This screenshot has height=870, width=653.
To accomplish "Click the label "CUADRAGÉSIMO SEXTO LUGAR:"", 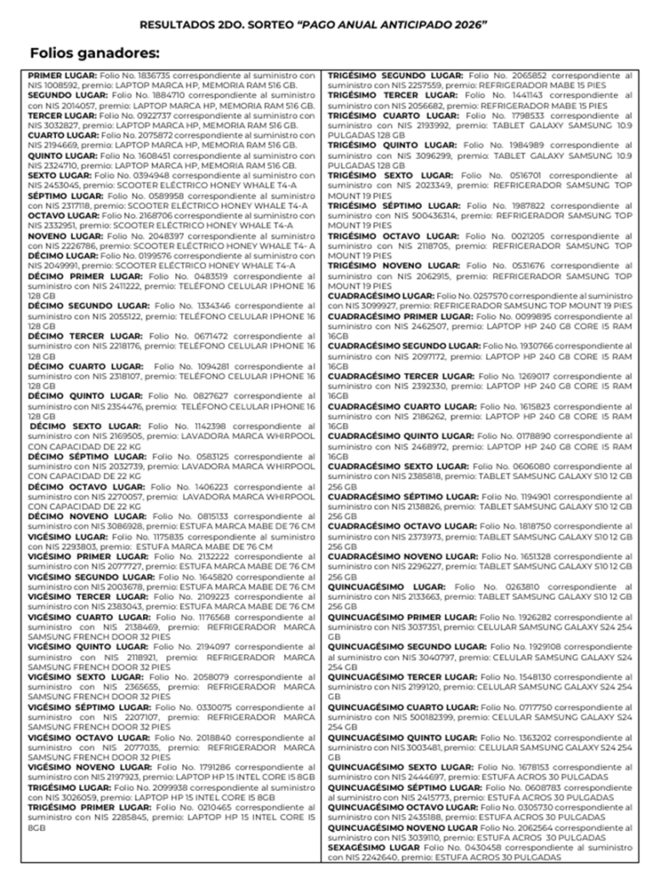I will coord(397,466).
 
